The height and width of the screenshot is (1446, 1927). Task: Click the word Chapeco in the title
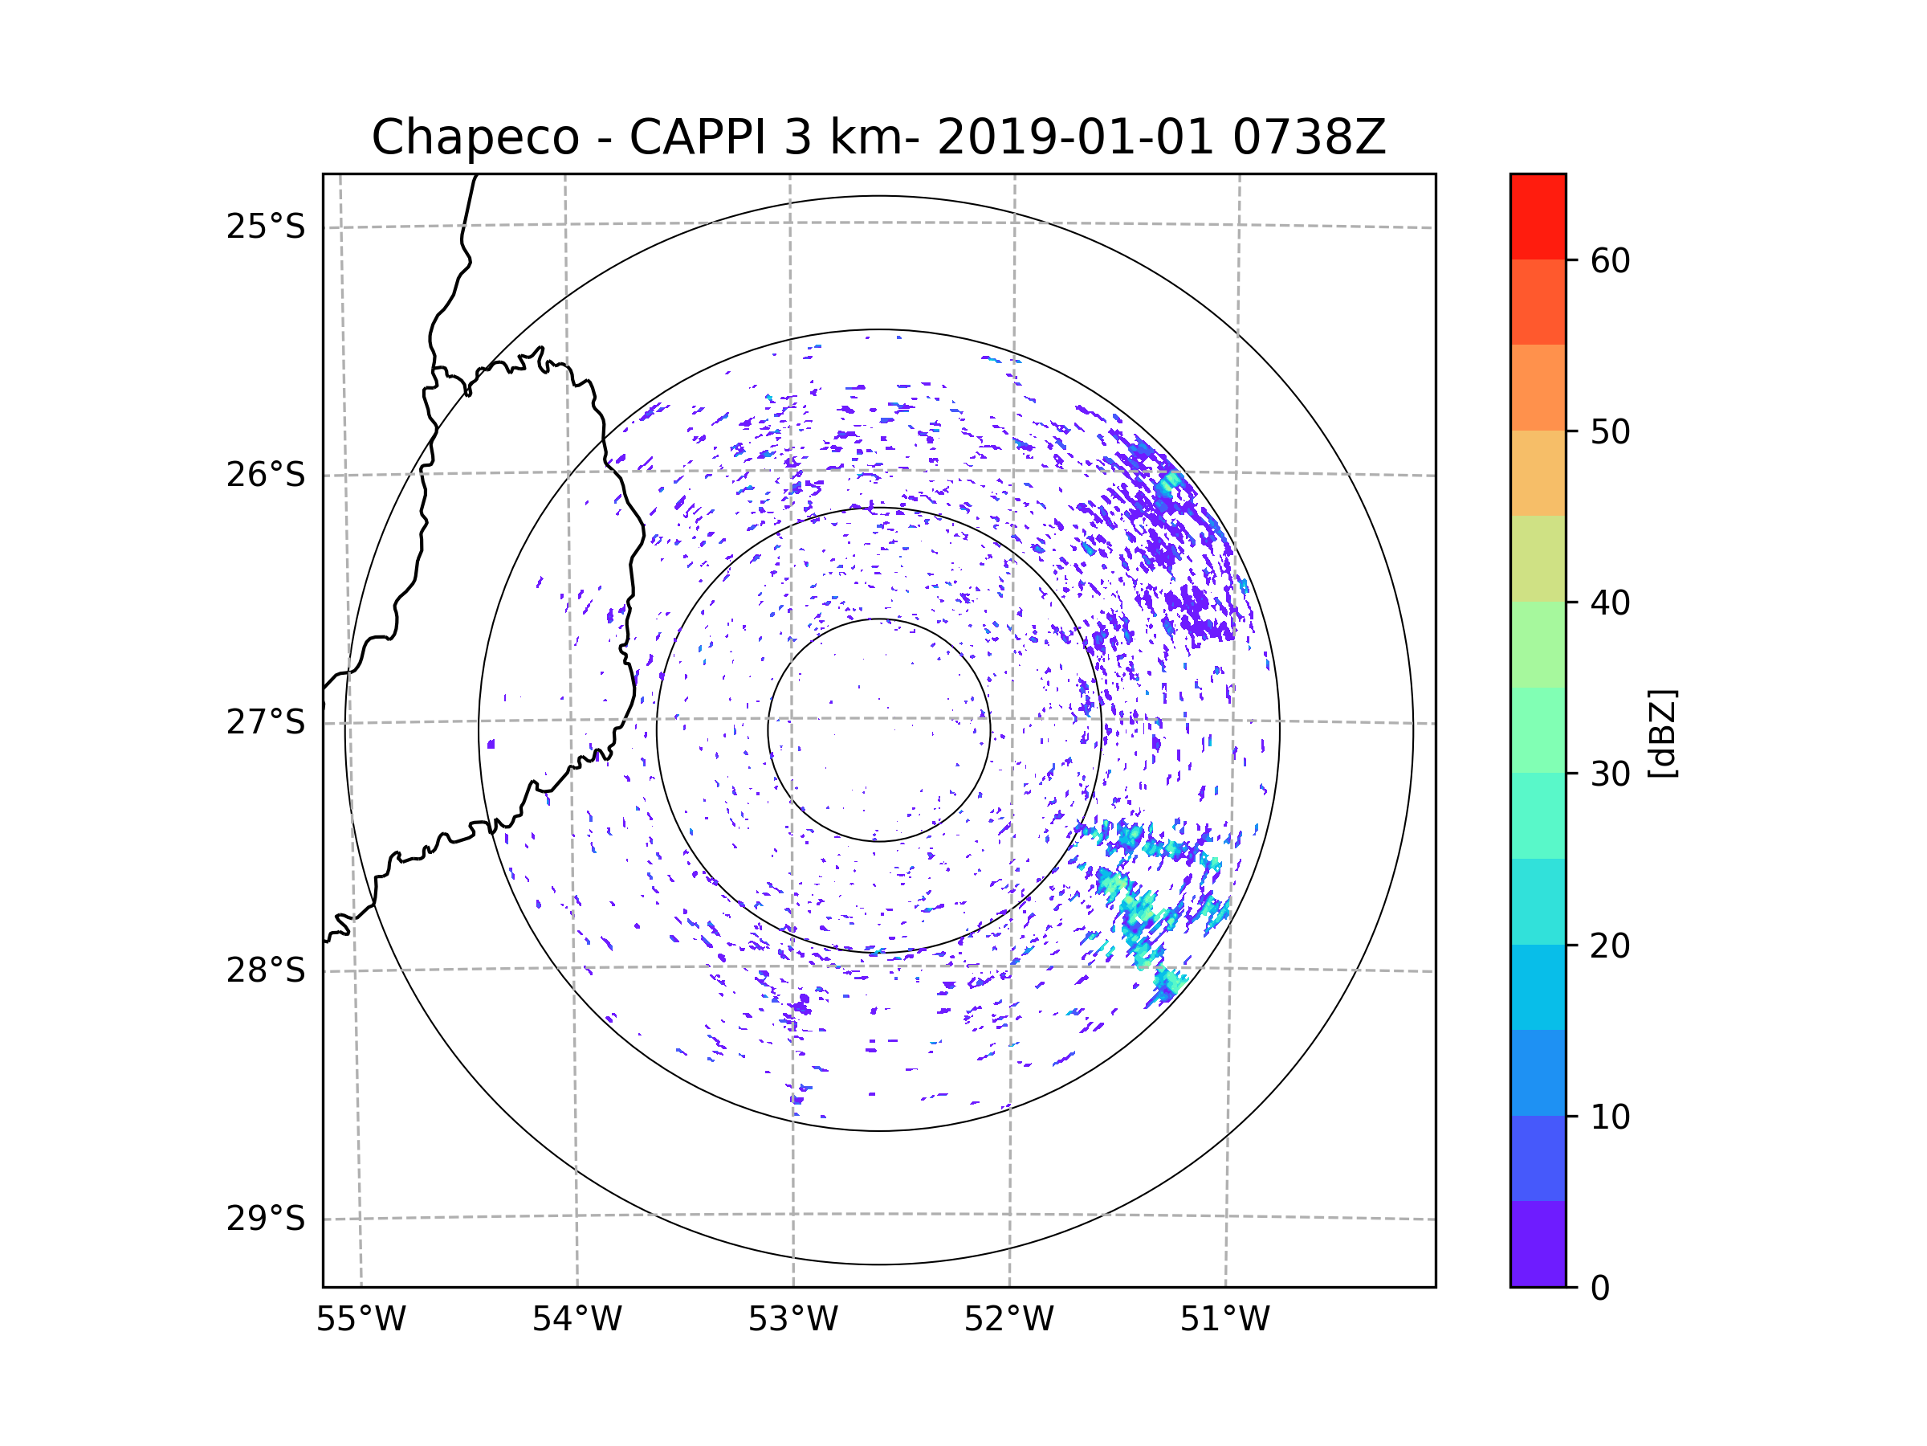[475, 137]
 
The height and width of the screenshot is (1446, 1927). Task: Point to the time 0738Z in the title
[1308, 137]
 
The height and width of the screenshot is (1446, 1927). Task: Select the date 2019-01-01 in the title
[1074, 137]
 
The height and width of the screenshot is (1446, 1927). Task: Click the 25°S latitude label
[266, 227]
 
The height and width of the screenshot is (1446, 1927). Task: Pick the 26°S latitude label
[266, 475]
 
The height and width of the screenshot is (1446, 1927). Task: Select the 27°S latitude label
[266, 722]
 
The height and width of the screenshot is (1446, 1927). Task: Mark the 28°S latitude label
[266, 970]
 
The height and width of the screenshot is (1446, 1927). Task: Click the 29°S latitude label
[266, 1219]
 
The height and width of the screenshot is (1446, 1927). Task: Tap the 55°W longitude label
[361, 1320]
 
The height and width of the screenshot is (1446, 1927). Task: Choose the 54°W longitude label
[576, 1320]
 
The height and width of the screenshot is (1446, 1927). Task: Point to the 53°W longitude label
[792, 1320]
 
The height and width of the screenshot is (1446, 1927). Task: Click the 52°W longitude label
[1008, 1320]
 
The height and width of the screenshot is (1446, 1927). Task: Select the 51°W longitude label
[1224, 1320]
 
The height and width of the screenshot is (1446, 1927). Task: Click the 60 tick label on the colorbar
[1610, 260]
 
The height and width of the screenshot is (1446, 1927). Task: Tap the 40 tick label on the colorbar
[1610, 603]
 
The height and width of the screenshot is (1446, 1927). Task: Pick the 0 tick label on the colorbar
[1600, 1289]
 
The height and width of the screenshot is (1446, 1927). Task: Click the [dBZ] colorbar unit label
[1662, 733]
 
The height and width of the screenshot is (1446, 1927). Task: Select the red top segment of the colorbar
[1538, 216]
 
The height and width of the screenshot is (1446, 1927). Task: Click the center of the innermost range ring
[879, 730]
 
